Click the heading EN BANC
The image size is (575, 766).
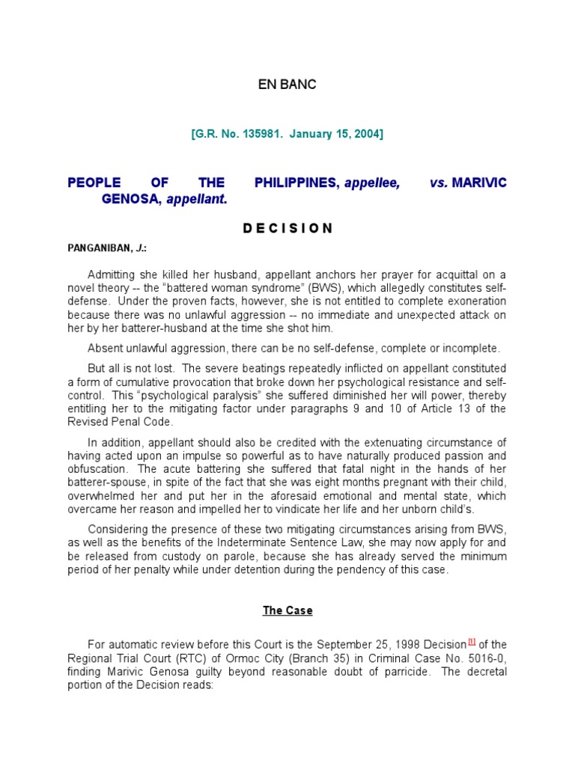(287, 85)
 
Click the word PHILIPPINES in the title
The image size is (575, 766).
(296, 183)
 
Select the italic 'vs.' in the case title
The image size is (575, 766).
(439, 183)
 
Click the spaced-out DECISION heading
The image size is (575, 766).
(287, 229)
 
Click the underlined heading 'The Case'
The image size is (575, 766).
(287, 610)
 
